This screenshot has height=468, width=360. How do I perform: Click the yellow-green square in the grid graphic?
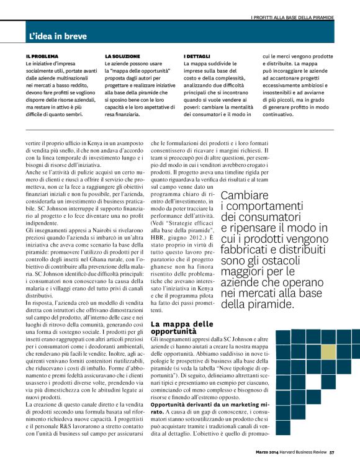pyautogui.click(x=328, y=351)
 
